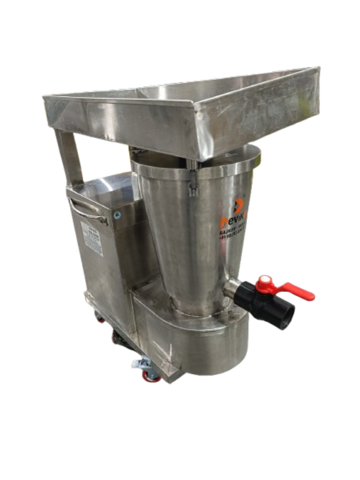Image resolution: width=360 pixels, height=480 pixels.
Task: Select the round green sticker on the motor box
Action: (x=119, y=215)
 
